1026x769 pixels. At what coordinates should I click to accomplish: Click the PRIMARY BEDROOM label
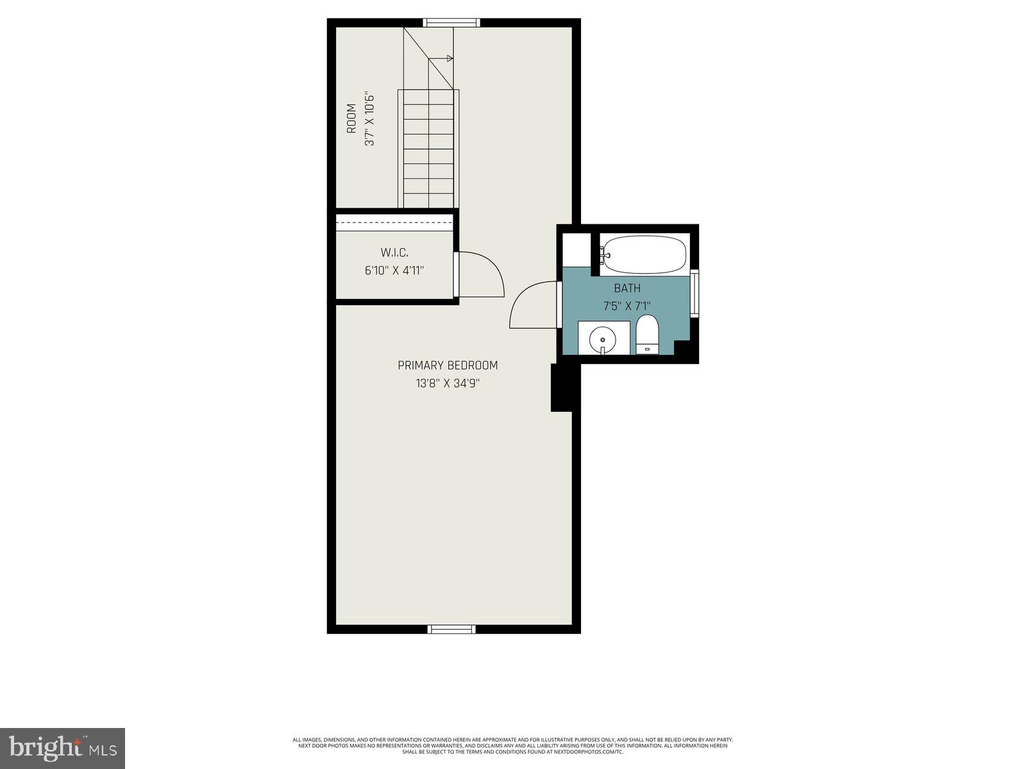point(448,365)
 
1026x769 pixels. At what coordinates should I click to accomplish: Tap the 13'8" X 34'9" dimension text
point(448,384)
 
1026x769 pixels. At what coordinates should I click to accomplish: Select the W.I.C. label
point(394,252)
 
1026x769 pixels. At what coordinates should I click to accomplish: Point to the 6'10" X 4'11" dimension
point(394,270)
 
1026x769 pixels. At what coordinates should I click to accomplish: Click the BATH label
point(627,288)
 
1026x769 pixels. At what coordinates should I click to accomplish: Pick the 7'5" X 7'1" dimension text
point(627,306)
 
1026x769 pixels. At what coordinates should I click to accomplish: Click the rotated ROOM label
point(351,119)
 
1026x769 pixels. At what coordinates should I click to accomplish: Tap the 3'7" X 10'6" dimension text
point(369,120)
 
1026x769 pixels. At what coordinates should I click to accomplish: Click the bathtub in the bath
point(644,254)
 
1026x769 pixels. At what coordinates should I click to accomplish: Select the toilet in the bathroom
point(647,334)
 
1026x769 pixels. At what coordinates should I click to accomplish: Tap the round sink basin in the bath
point(603,339)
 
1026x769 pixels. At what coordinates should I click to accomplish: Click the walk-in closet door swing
point(480,276)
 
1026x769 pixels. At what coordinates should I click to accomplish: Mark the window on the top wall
point(451,23)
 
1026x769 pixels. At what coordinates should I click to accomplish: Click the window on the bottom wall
point(451,629)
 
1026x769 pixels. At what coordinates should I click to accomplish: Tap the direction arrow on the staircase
point(449,58)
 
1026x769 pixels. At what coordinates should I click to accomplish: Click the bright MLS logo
point(62,748)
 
